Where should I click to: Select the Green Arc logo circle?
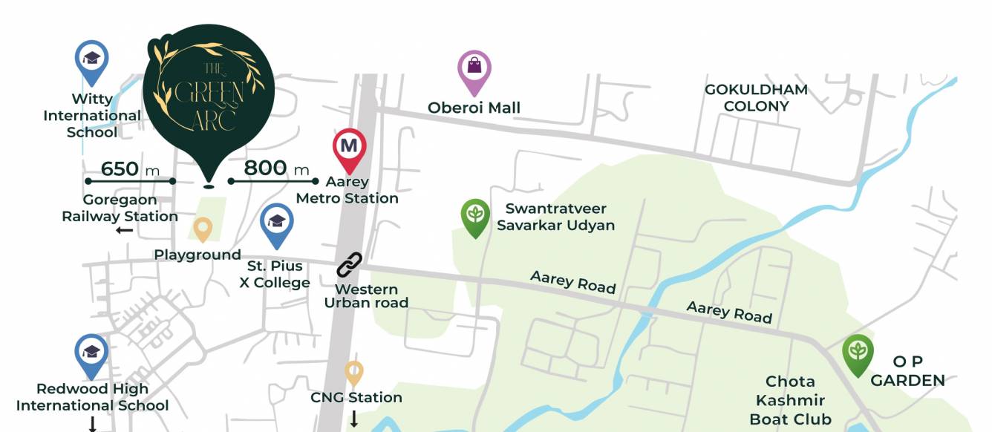(x=209, y=91)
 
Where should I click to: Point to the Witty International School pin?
(x=91, y=60)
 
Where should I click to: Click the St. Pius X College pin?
(x=277, y=223)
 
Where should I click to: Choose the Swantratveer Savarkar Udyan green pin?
(x=475, y=216)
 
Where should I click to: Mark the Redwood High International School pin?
(x=91, y=355)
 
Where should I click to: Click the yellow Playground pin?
(x=203, y=229)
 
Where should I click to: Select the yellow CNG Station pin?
(x=354, y=373)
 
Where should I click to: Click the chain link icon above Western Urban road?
(x=349, y=264)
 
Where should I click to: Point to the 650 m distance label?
(x=130, y=169)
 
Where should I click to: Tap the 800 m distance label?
(x=275, y=168)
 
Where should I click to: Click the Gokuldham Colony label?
(x=756, y=98)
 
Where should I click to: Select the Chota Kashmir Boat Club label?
(x=790, y=401)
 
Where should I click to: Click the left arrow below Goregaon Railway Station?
(x=125, y=231)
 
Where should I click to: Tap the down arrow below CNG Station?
(x=354, y=419)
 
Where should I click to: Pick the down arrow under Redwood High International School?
(x=92, y=424)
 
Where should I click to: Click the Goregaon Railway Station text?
(x=120, y=209)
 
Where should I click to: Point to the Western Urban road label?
(x=366, y=296)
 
